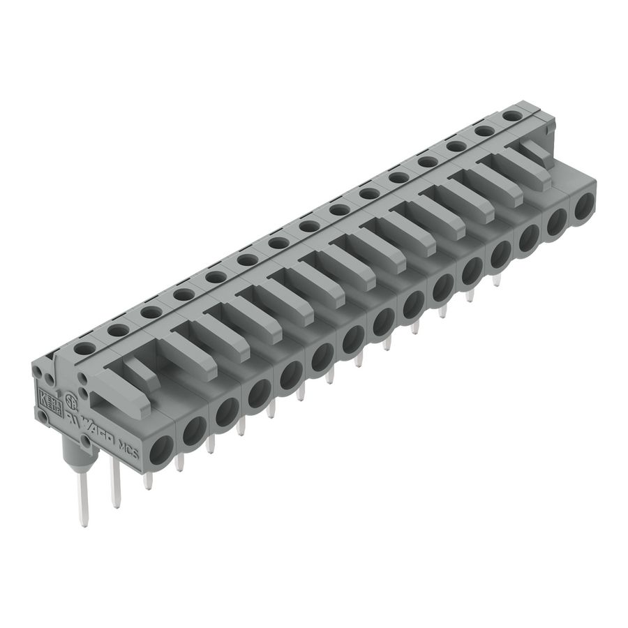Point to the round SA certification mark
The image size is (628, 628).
[x=70, y=403]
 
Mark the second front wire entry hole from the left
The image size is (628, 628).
[x=193, y=429]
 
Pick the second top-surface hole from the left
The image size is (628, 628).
[x=116, y=329]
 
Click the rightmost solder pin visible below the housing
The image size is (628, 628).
[x=497, y=279]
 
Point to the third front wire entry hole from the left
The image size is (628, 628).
[x=225, y=412]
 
